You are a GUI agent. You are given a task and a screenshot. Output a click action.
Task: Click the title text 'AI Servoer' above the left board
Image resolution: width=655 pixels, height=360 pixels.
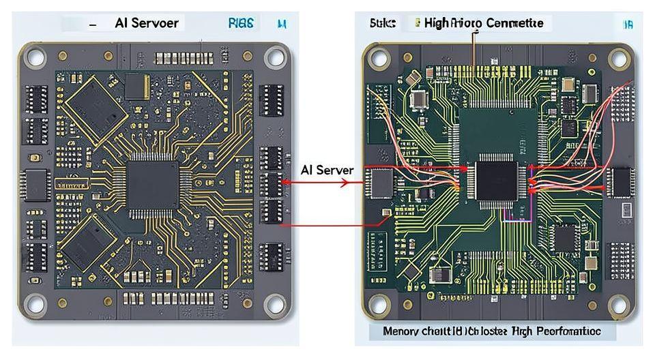tap(147, 23)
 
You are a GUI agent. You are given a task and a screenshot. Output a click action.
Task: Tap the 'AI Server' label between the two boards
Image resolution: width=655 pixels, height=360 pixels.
tap(327, 170)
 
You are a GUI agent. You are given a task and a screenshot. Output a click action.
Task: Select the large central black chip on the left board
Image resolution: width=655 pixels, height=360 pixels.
tap(153, 185)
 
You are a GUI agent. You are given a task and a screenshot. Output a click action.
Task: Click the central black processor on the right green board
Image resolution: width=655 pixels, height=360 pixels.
tap(496, 181)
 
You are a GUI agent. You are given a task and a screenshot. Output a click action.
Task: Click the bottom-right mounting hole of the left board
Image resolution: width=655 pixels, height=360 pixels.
tap(274, 304)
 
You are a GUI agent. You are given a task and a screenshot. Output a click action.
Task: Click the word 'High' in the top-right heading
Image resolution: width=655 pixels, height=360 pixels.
tap(437, 23)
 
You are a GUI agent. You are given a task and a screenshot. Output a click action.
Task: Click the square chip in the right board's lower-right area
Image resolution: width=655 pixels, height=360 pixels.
tap(566, 238)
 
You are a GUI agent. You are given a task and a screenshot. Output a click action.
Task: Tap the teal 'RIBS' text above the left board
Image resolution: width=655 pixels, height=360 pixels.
tap(241, 23)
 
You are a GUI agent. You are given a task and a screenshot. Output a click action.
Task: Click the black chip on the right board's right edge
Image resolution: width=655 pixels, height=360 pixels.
tap(620, 182)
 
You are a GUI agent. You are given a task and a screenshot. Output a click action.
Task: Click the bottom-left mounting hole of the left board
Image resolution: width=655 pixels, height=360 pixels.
tap(35, 304)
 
